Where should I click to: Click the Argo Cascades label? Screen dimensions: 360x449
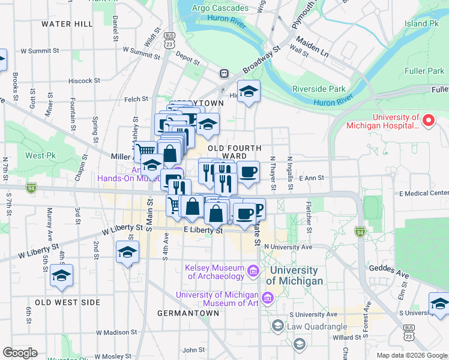pos(220,8)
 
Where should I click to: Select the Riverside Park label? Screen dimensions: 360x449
pos(319,89)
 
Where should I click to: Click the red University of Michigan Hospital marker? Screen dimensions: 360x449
pos(429,121)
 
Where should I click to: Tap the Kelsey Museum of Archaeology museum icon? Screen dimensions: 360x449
pos(253,272)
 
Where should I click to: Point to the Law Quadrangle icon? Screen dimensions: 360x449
pos(277,326)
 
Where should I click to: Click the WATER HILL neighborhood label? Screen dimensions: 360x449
pos(67,24)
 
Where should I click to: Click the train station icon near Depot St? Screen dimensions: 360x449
pos(224,73)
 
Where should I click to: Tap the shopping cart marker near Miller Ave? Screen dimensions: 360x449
pos(145,151)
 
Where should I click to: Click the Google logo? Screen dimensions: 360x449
pos(20,353)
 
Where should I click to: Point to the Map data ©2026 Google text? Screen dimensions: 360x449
pos(412,355)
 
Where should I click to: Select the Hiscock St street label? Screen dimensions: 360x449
pos(84,80)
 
